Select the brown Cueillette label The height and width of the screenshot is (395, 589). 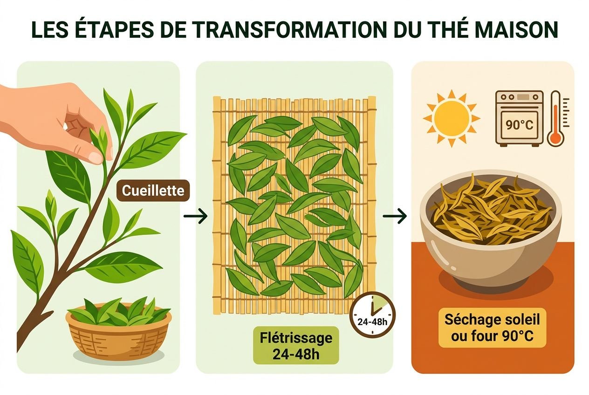click(x=153, y=191)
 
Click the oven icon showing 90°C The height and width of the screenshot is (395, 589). click(x=519, y=117)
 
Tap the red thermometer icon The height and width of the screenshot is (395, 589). click(x=555, y=119)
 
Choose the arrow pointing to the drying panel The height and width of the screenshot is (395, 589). click(x=395, y=216)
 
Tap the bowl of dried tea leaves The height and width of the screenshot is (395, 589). click(x=491, y=228)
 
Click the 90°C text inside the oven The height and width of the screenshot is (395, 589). click(x=519, y=124)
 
